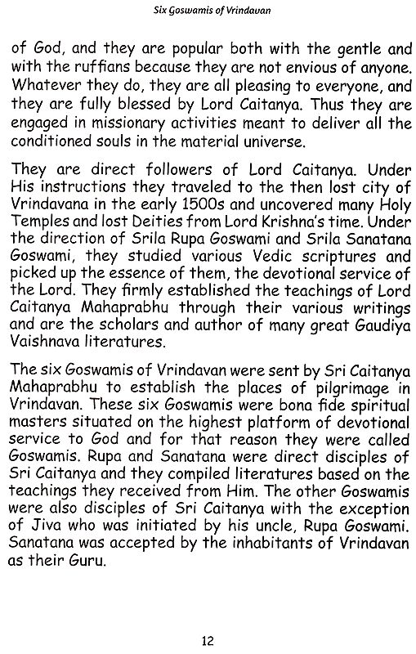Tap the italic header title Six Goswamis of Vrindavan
pos(208,9)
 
